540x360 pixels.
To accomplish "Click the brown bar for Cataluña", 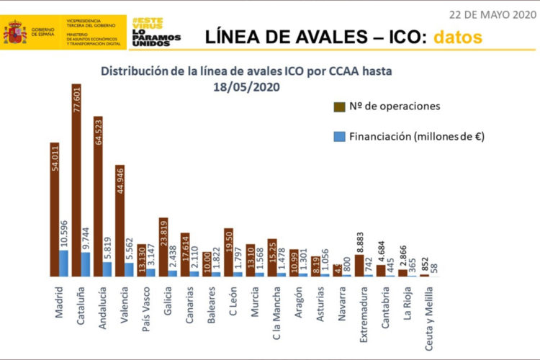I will click(76, 180).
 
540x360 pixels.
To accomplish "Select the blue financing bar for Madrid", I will click(63, 264).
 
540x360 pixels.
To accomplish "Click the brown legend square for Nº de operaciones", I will click(338, 107).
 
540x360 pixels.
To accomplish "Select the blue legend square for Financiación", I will click(338, 135).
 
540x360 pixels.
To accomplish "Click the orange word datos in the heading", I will click(457, 35).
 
